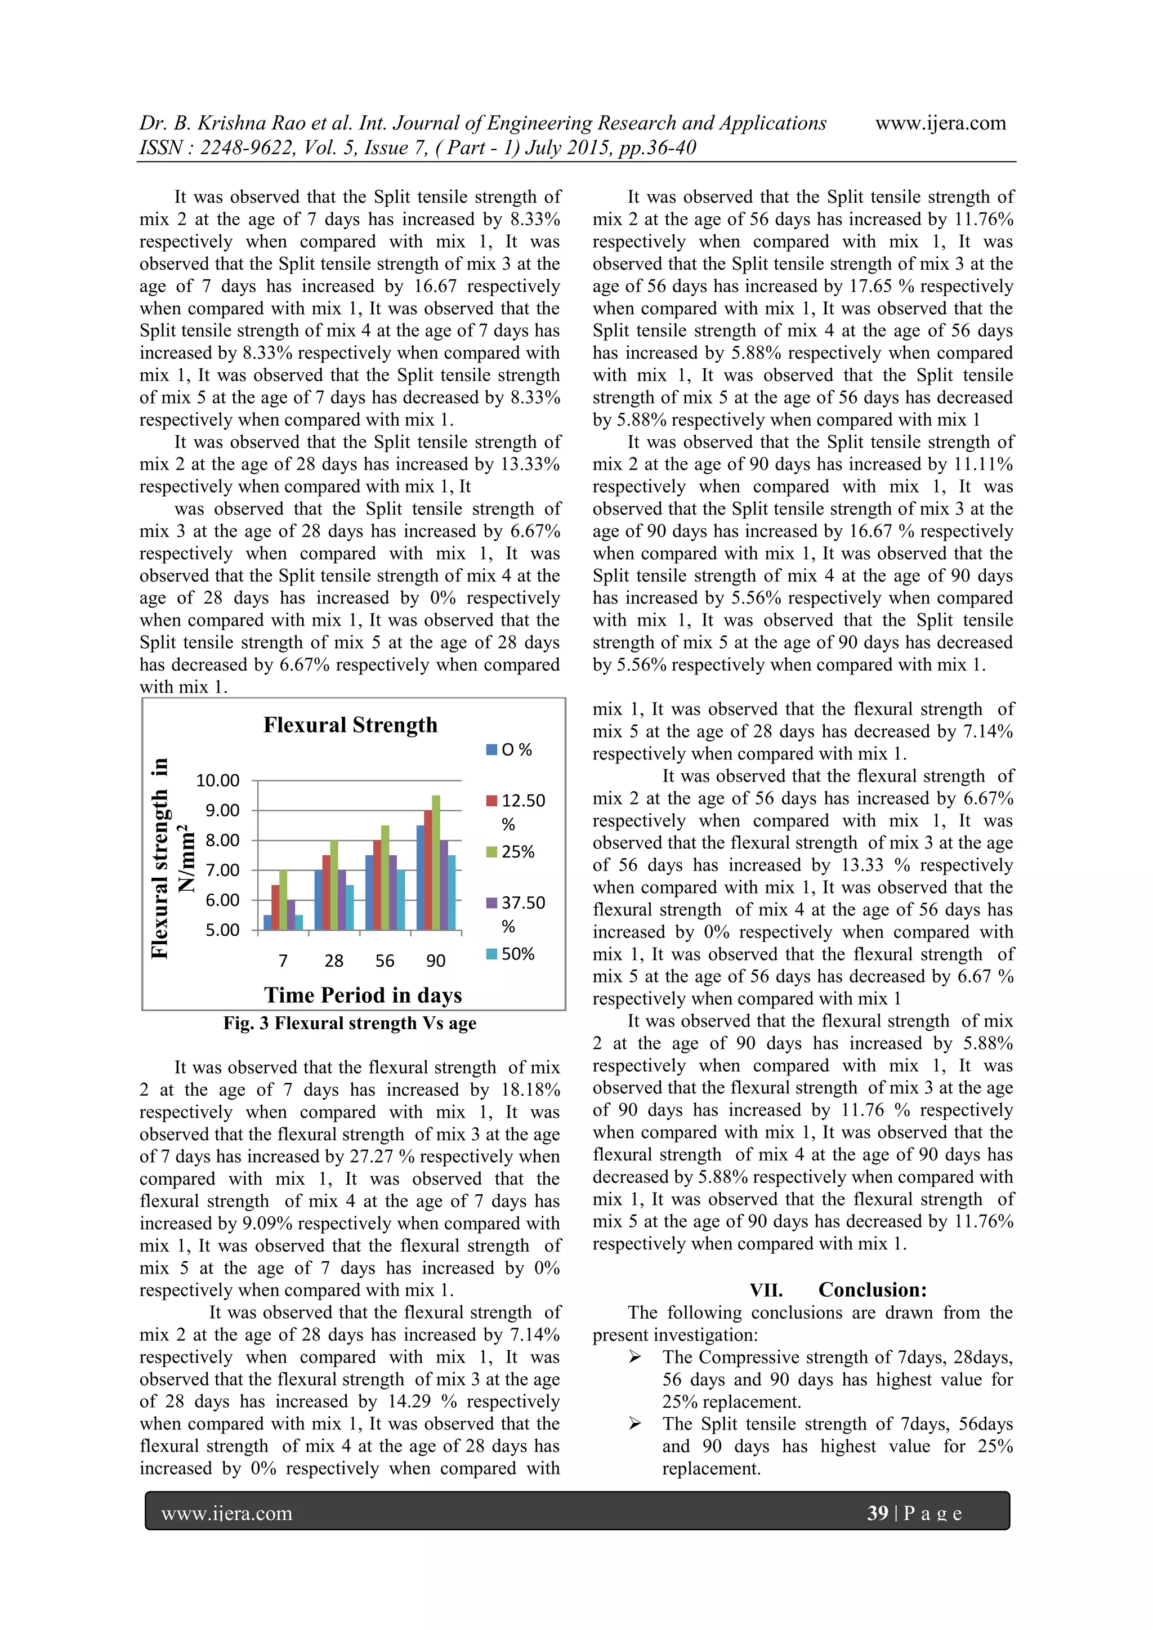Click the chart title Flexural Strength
[350, 725]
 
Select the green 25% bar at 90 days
[436, 863]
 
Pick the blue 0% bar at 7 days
[267, 922]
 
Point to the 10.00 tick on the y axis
[218, 780]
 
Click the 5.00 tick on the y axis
[222, 930]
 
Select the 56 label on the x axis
[385, 961]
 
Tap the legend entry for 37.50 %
[516, 903]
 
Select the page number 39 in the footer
[878, 1513]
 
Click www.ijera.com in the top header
[940, 123]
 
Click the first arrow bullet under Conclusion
[634, 1357]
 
